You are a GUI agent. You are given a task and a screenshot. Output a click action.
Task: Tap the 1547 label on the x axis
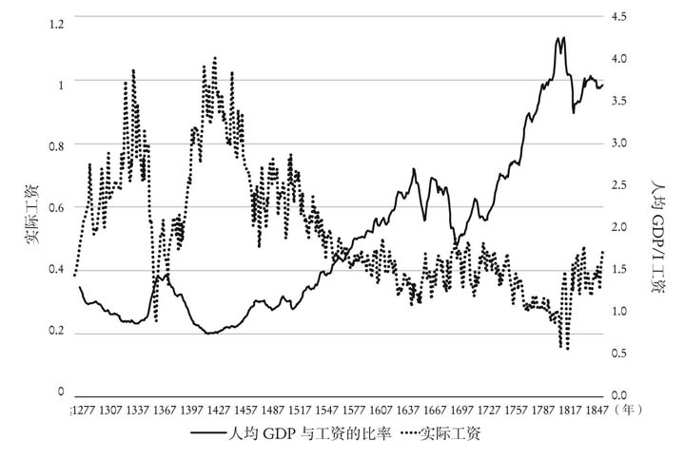click(342, 410)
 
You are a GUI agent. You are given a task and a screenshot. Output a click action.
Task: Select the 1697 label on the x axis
click(484, 410)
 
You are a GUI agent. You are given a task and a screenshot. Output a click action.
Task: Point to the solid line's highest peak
click(564, 38)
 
